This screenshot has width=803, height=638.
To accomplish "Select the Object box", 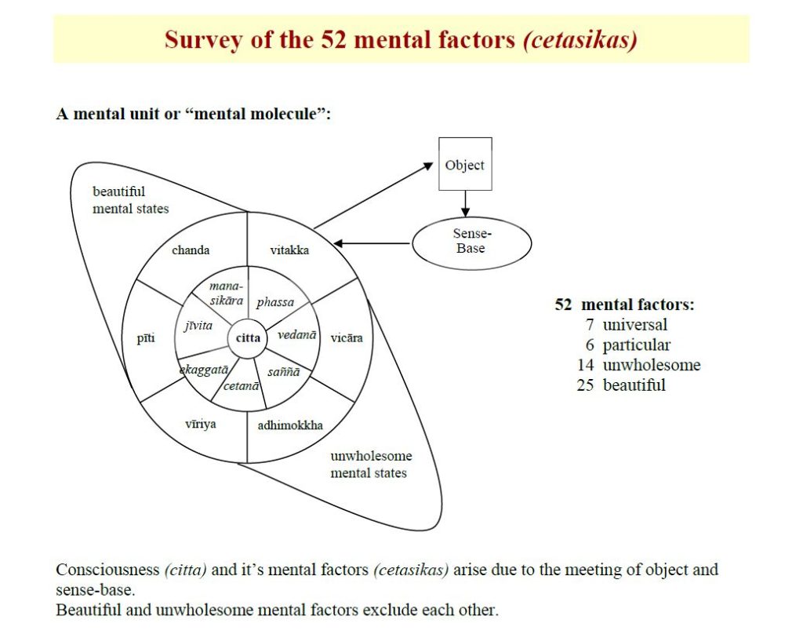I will (465, 165).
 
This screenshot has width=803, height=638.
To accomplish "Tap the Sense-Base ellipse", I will (471, 242).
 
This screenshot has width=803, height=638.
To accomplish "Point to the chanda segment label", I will (191, 250).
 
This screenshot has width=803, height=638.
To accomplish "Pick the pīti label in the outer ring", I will (145, 338).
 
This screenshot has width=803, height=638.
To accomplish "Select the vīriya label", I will (201, 424).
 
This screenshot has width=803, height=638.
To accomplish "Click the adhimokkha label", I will (290, 426).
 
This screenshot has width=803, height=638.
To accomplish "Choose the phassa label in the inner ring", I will (275, 302).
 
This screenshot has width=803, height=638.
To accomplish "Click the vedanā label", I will (297, 334).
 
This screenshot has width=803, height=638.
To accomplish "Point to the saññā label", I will (284, 372).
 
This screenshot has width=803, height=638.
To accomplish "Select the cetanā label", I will (242, 385).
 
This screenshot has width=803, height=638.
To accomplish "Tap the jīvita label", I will (198, 326).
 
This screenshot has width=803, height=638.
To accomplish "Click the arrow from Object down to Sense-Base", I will (465, 203).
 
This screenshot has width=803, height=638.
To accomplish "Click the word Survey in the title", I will (198, 40).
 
